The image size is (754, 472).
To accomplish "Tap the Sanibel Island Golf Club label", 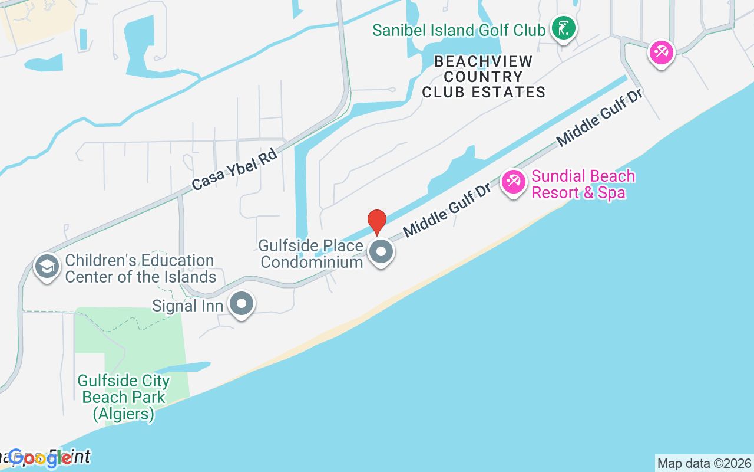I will [459, 30].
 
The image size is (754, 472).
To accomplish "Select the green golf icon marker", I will [564, 28].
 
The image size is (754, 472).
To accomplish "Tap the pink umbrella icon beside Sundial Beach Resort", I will [513, 182].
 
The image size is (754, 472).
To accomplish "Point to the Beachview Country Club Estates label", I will [484, 77].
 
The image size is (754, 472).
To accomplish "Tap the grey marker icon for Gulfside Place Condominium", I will [381, 252].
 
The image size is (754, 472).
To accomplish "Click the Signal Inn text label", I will [187, 306].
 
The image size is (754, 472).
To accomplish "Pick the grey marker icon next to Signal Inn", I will [241, 304].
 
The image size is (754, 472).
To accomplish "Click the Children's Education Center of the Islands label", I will [140, 268].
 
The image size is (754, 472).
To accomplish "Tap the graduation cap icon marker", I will [47, 267].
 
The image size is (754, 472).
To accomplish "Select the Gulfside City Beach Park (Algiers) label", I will [124, 398].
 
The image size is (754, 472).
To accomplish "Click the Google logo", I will [40, 458].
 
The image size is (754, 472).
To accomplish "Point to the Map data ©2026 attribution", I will [704, 463].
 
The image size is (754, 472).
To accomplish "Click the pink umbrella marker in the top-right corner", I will [661, 53].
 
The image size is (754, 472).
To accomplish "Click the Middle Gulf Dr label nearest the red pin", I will [448, 209].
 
